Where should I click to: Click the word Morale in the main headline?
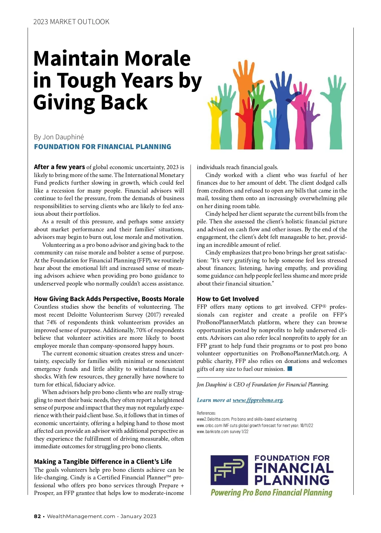point(157,59)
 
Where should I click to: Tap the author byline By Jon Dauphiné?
point(59,137)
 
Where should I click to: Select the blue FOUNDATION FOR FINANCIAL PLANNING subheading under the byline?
point(103,147)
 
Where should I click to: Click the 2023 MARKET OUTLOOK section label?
point(71,22)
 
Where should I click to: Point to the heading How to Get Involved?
point(228,299)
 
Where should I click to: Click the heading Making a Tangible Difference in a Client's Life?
point(103,462)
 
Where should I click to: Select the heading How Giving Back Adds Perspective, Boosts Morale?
point(109,299)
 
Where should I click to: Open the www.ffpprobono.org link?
point(257,400)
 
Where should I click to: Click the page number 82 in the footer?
point(37,516)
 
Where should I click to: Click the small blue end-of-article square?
point(290,369)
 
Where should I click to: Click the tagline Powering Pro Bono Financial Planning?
point(271,492)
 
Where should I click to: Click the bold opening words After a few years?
point(59,167)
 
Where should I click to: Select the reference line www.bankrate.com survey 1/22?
point(223,431)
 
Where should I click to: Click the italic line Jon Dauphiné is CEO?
point(263,385)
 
